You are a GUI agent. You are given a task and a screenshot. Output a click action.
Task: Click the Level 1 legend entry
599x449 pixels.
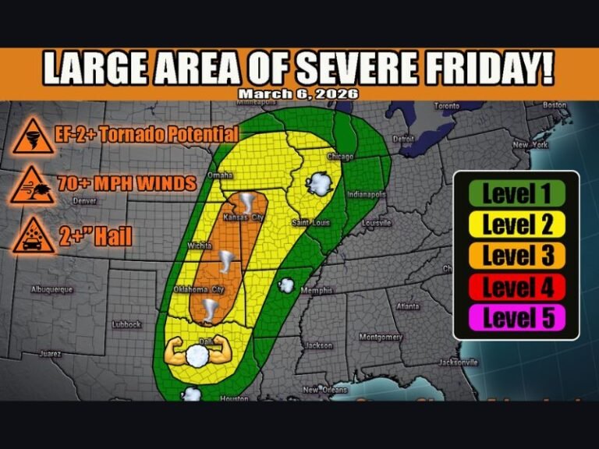click(x=516, y=193)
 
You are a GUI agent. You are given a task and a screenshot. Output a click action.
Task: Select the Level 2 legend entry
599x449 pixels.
click(x=516, y=224)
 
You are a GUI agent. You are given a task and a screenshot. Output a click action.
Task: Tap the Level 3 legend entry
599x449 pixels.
click(x=516, y=256)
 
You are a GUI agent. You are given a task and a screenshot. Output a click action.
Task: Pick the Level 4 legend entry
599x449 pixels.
click(x=516, y=287)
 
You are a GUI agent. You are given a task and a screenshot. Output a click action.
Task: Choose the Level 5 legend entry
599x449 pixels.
click(x=516, y=318)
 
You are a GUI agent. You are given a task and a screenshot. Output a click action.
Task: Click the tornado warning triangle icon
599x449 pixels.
click(x=32, y=138)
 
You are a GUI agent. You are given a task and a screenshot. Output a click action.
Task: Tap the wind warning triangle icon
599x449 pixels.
click(x=32, y=186)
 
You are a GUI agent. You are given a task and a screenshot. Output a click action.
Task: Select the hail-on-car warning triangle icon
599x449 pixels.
click(x=32, y=235)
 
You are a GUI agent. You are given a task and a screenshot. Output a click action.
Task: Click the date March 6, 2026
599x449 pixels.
click(x=299, y=94)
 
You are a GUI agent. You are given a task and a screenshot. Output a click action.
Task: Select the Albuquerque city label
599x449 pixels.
click(x=51, y=289)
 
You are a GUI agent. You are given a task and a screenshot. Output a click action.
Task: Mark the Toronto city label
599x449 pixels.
click(x=448, y=105)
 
